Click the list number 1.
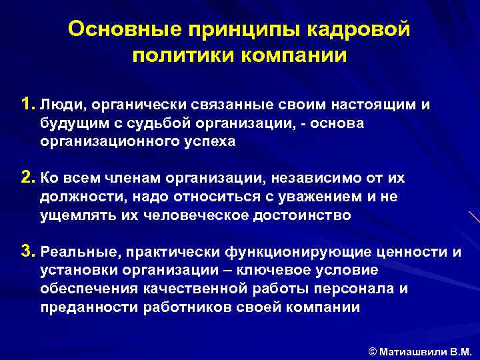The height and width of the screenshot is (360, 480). click(x=27, y=104)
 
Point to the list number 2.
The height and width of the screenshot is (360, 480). click(x=27, y=178)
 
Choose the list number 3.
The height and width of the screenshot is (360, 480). click(x=27, y=251)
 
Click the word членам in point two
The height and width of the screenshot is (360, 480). click(x=121, y=179)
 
